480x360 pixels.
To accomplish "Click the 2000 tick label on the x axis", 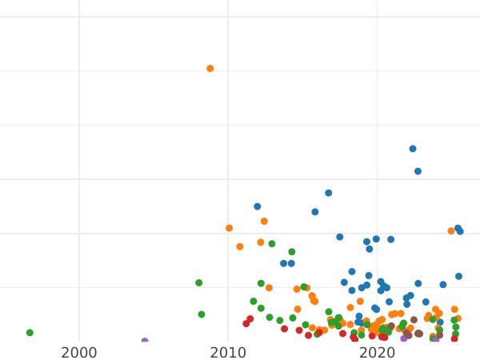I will coord(79,353).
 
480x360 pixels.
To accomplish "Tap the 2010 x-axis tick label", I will coord(228,353).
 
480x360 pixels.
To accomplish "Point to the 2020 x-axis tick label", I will coord(377,353).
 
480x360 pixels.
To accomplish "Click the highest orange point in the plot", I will coord(210,69).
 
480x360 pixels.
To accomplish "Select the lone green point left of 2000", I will coord(30,333).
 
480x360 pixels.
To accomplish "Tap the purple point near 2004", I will coord(145,342).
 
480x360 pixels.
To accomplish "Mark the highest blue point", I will coord(413,149).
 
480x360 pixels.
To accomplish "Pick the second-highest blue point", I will coord(418,171).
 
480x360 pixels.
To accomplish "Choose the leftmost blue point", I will coord(258,206).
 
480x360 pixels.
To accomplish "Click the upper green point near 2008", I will coord(199,282).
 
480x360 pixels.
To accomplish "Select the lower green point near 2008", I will coord(202,314).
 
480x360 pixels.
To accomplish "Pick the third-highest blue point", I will coord(329,193).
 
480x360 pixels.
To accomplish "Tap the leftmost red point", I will coord(246,324).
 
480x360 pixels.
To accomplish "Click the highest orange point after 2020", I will coord(451,231).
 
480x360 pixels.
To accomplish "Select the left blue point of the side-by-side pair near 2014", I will coord(284,263).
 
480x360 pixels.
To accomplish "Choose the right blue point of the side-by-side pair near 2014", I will coord(291,263).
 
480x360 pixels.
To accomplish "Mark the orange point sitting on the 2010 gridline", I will coord(230,228).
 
